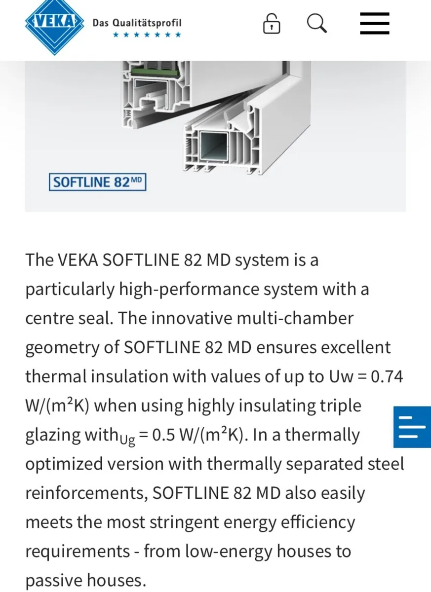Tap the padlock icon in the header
click(x=272, y=24)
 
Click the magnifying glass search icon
click(x=317, y=24)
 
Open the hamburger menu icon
click(x=374, y=23)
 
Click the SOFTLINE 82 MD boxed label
click(x=97, y=182)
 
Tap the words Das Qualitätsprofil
click(x=137, y=23)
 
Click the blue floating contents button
click(x=412, y=427)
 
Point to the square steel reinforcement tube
click(x=214, y=146)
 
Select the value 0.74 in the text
click(x=387, y=376)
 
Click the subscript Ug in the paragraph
click(x=127, y=440)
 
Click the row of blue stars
click(x=147, y=35)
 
